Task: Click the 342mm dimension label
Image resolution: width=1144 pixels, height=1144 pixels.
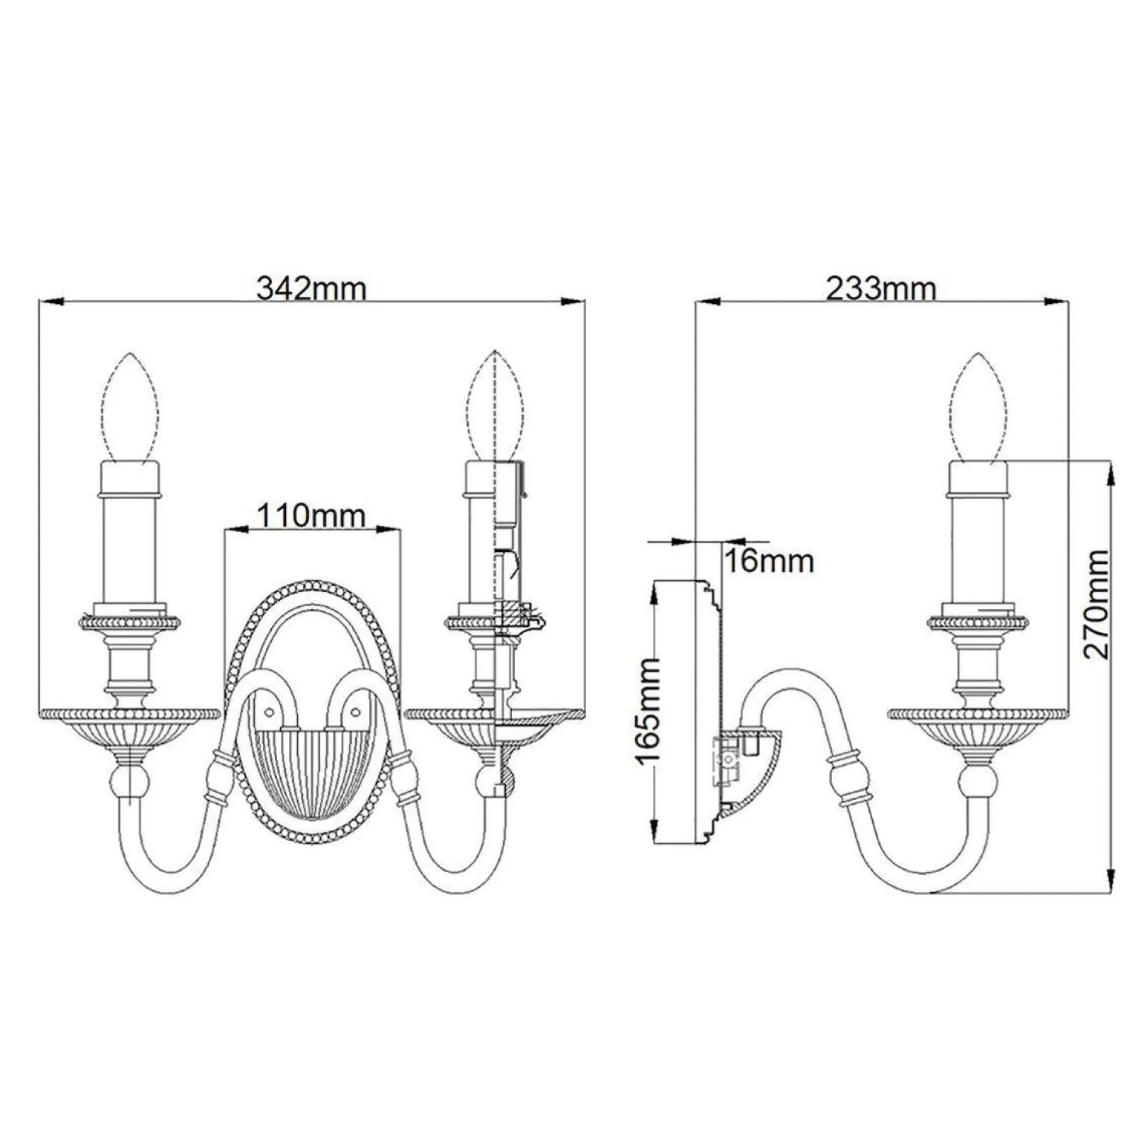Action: pos(311,287)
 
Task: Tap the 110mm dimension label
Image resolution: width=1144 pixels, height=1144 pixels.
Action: pos(311,515)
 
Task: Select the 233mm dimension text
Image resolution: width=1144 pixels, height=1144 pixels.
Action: pos(881,287)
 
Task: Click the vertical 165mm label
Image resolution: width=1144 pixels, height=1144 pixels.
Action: pos(648,709)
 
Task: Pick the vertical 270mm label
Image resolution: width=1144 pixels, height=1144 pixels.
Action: pos(1096,604)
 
